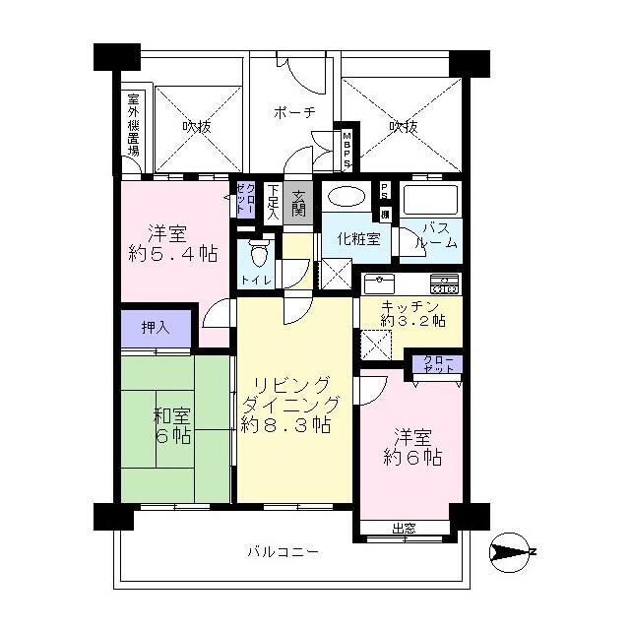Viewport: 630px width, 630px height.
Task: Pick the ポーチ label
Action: (293, 114)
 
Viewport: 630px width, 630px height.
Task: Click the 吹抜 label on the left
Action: (196, 126)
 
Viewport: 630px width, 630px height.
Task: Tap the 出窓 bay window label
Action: (404, 529)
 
